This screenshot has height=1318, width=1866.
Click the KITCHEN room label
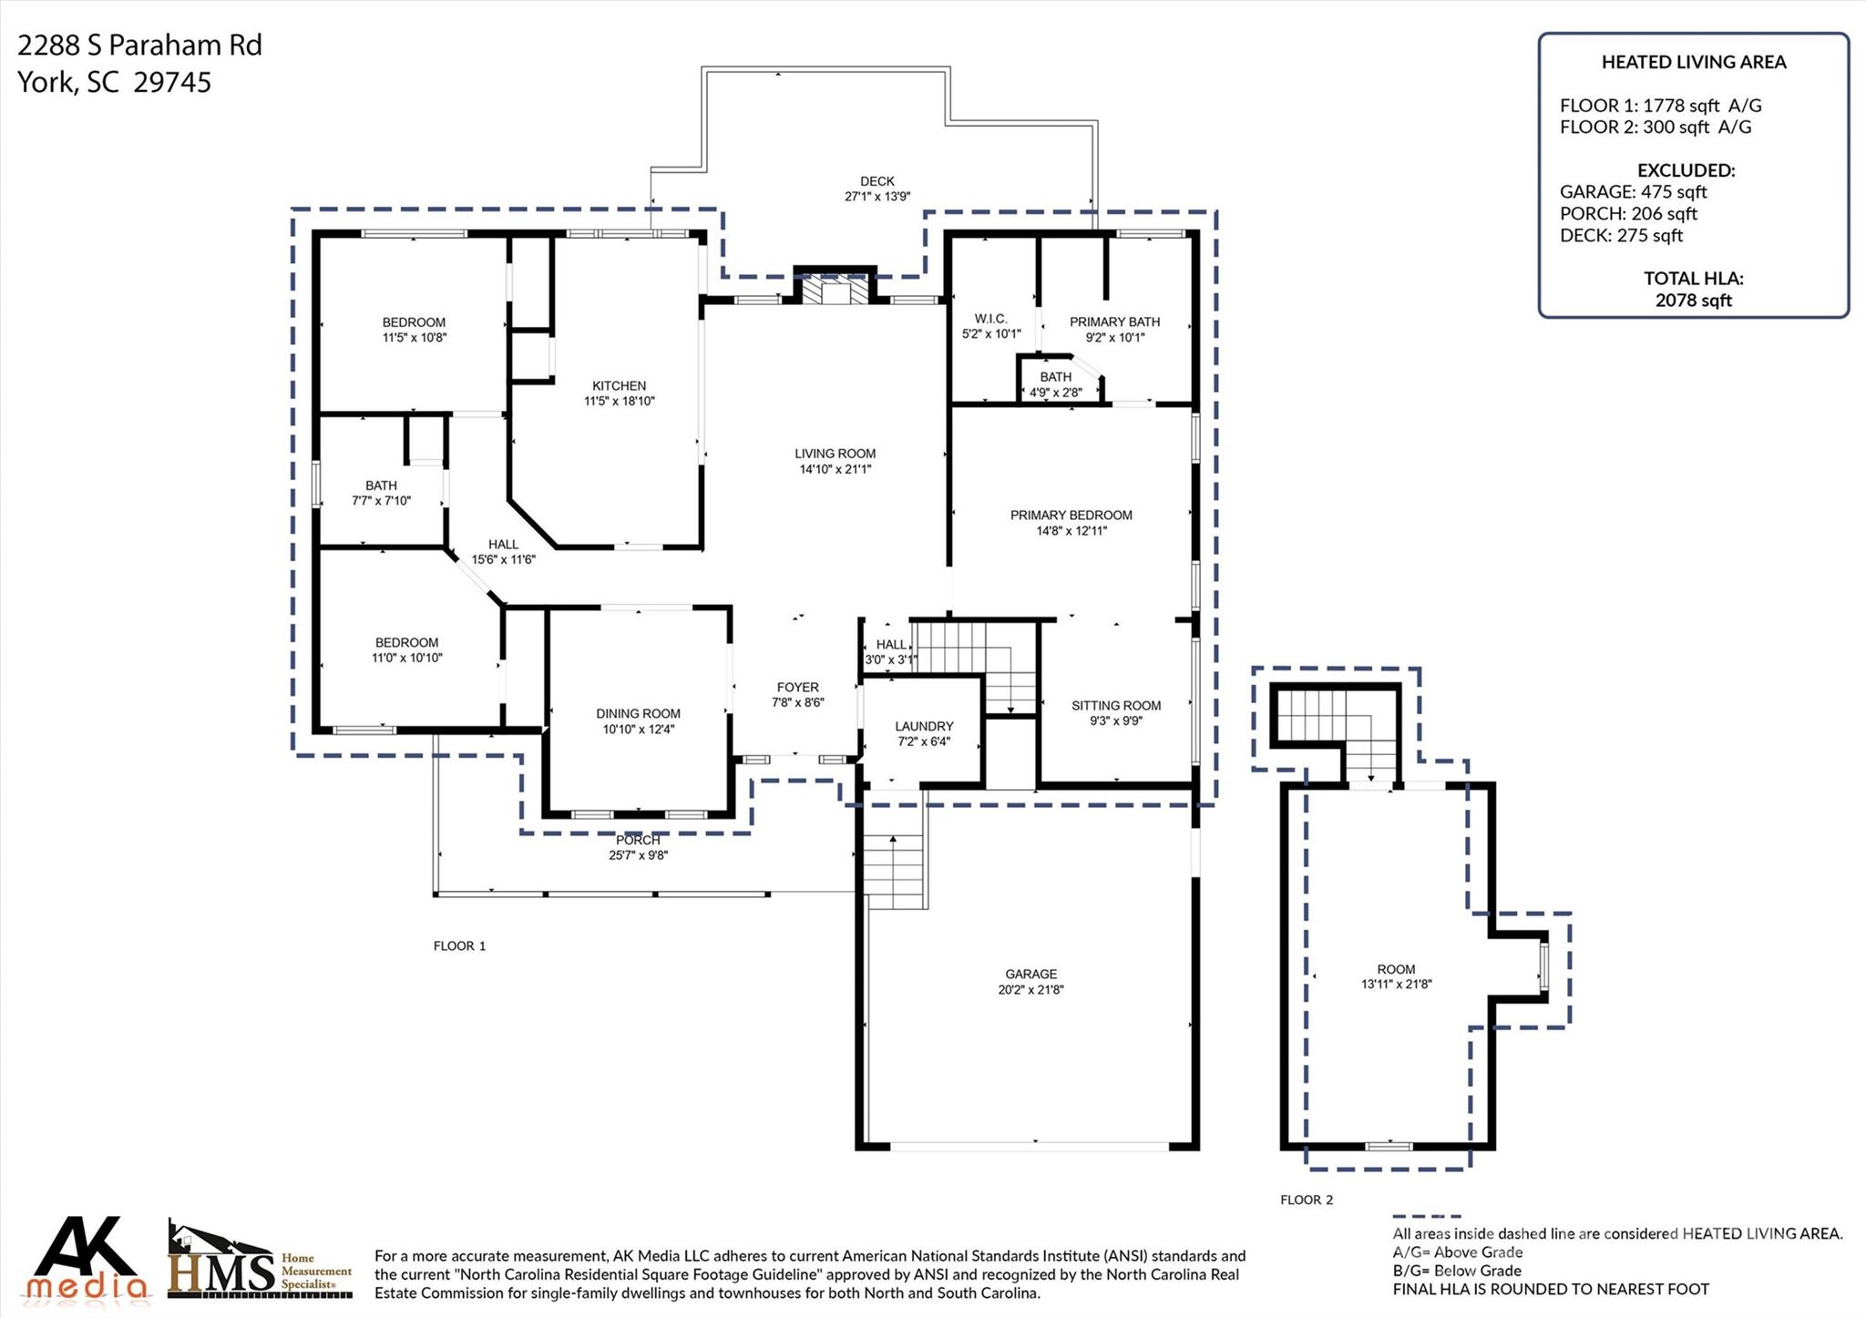(x=619, y=386)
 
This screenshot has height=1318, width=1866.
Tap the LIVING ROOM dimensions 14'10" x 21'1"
(x=835, y=469)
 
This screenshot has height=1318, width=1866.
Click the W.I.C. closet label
(x=990, y=319)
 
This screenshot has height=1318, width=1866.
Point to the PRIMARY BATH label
(x=1114, y=322)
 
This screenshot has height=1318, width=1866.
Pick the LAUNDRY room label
(x=924, y=726)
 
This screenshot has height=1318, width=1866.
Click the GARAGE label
(x=1030, y=974)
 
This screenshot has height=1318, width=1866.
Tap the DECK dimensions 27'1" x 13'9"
(x=877, y=196)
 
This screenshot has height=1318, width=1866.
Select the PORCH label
(x=638, y=840)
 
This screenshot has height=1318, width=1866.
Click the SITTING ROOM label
(x=1116, y=705)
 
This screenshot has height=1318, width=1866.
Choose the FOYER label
(x=797, y=687)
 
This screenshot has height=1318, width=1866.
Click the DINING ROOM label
(x=638, y=713)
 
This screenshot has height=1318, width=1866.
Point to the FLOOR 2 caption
(x=1306, y=1200)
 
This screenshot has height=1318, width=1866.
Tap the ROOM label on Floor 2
(x=1396, y=969)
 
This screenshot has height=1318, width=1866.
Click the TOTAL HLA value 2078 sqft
(x=1693, y=300)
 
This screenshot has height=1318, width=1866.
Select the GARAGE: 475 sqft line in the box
(x=1633, y=192)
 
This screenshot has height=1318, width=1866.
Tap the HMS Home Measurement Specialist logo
(x=259, y=1262)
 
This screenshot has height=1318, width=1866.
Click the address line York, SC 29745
(x=115, y=82)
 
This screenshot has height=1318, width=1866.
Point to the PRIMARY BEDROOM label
(x=1071, y=515)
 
